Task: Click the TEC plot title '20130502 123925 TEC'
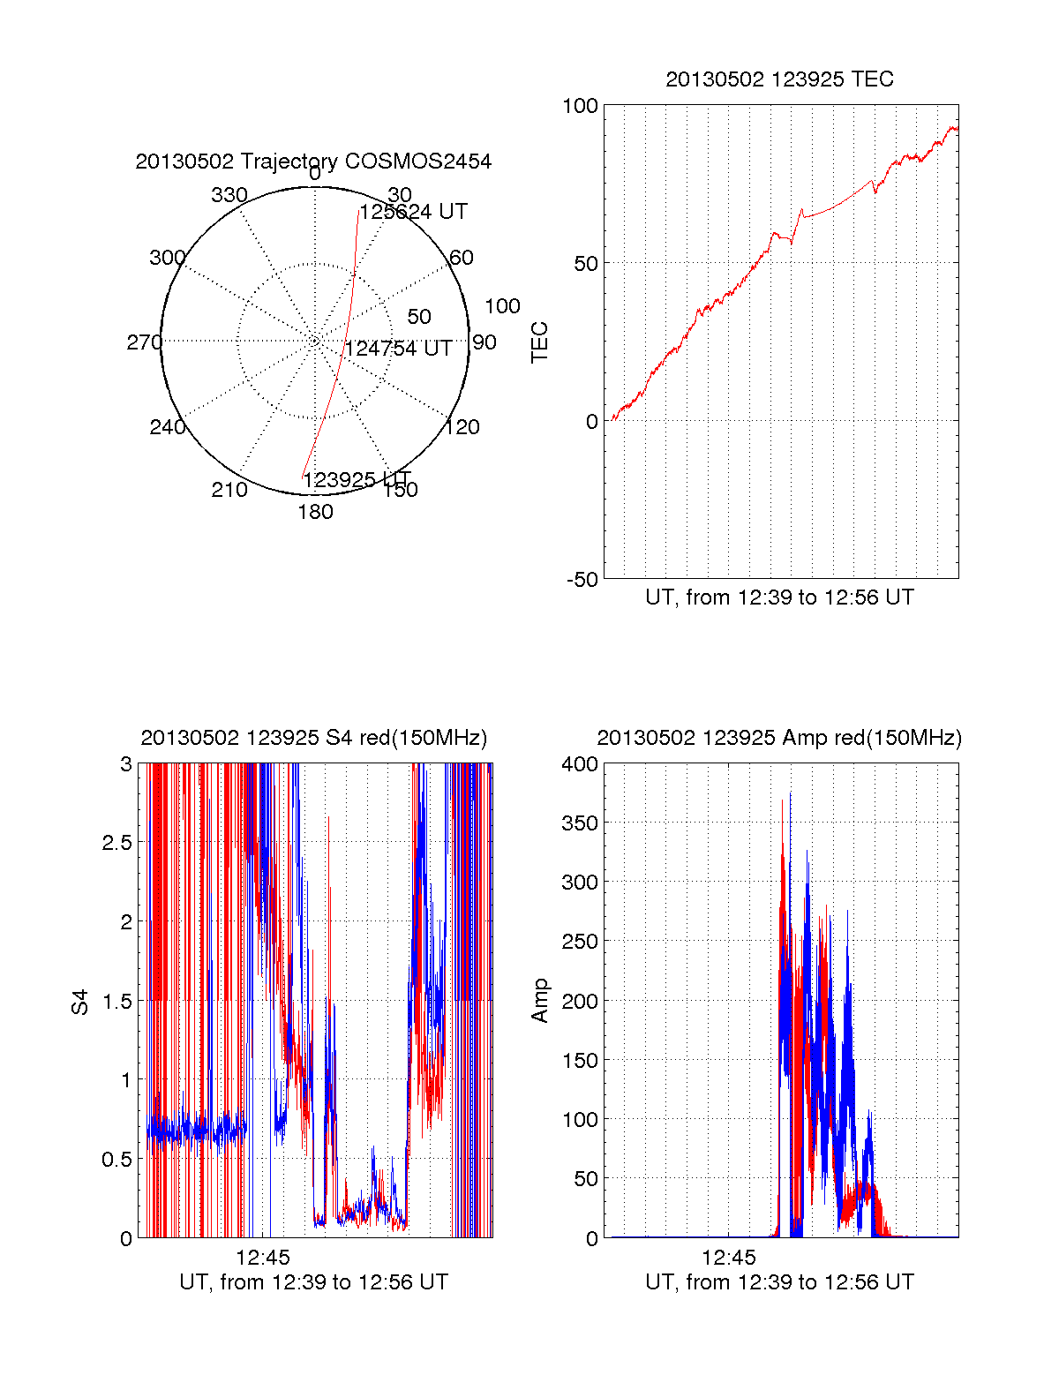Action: [779, 79]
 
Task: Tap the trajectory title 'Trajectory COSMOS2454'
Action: [313, 162]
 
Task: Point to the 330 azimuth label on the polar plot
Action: [229, 195]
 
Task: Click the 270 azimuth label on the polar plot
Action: [144, 342]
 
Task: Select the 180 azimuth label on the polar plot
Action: [315, 512]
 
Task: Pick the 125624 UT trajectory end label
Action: [413, 212]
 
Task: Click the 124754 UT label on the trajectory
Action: [398, 349]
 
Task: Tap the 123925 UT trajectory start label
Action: [357, 480]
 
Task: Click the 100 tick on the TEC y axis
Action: [580, 107]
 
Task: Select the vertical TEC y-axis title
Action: [540, 342]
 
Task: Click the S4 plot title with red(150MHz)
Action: [313, 738]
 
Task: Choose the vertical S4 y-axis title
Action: [80, 1002]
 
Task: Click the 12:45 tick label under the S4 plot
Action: [262, 1257]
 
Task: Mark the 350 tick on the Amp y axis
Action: [580, 823]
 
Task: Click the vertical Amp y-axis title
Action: [540, 1001]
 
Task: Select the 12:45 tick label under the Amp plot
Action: [729, 1257]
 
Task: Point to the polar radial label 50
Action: [419, 317]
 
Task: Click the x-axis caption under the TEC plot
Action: [779, 597]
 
